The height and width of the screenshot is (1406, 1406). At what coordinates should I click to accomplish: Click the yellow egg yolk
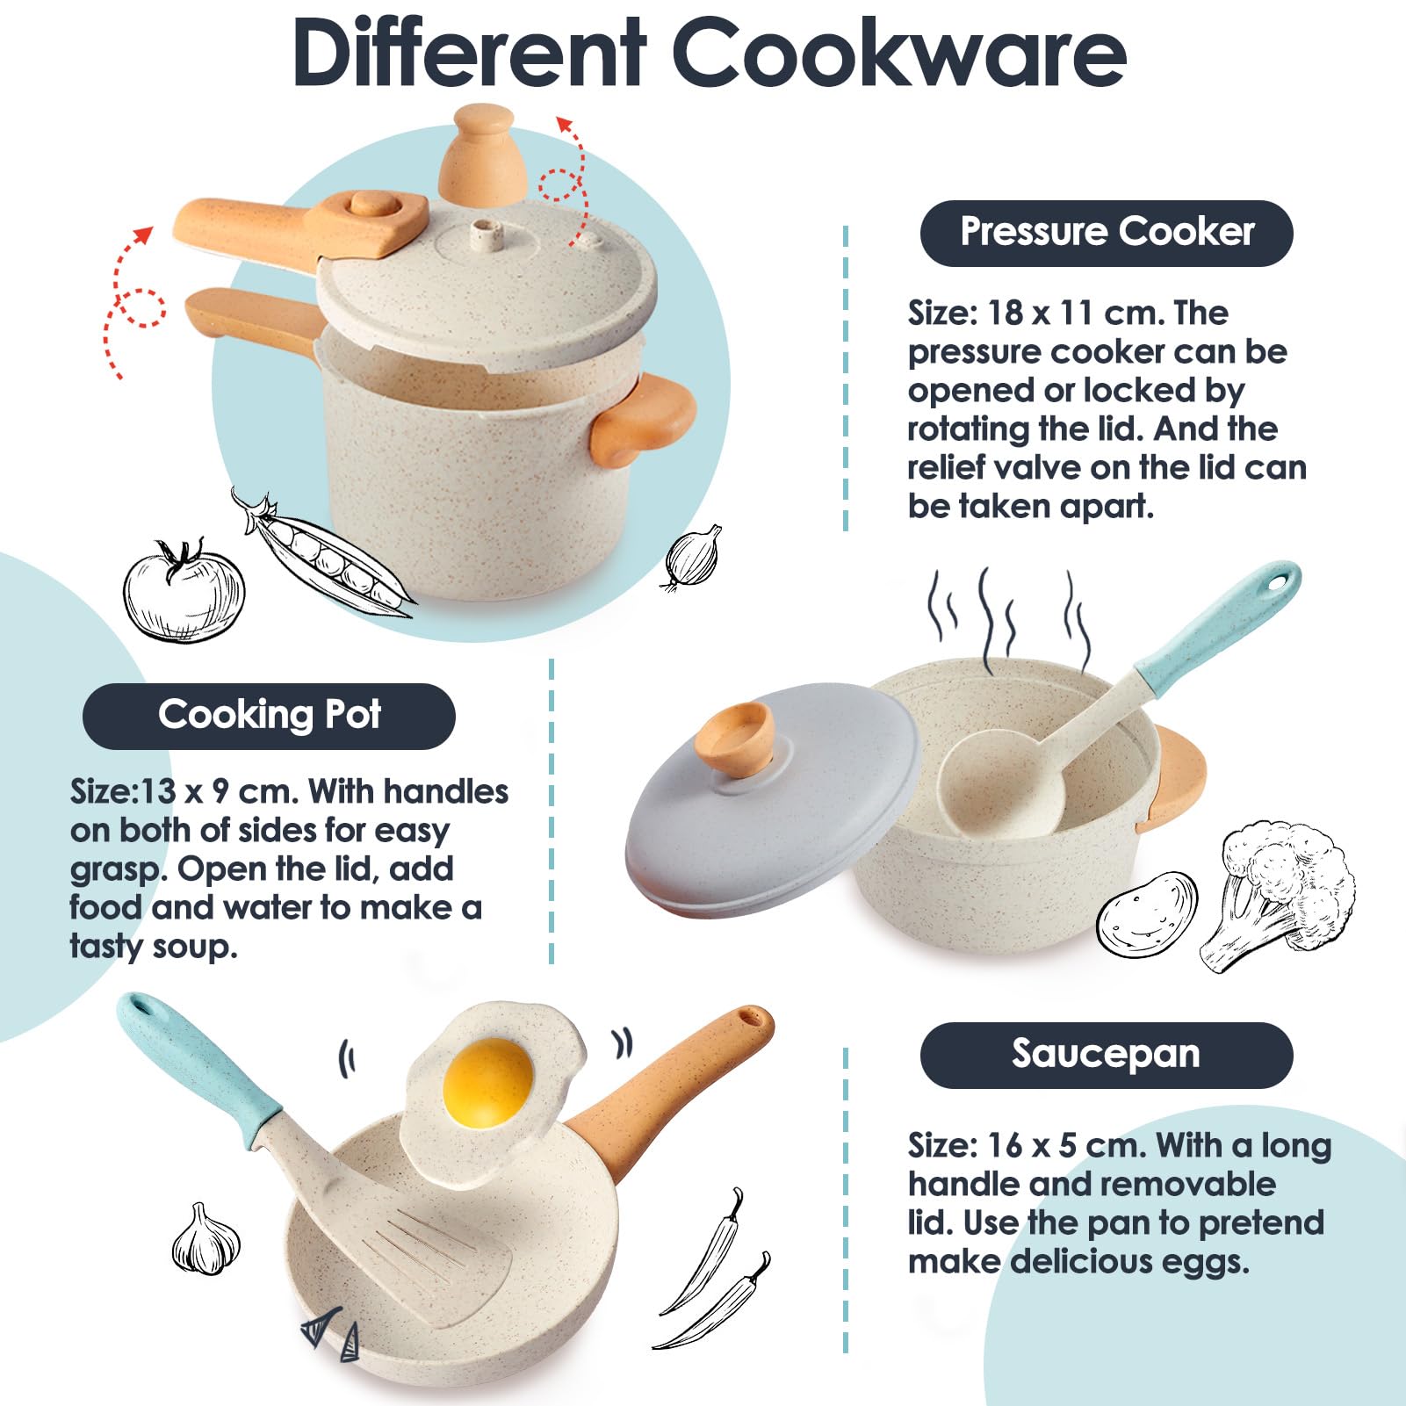pyautogui.click(x=487, y=1083)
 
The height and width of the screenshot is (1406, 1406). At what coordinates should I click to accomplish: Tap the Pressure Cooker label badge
pyautogui.click(x=1107, y=233)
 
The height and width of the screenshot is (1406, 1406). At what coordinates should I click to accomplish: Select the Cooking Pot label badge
pyautogui.click(x=269, y=716)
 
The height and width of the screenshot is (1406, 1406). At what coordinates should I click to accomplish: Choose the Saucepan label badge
pyautogui.click(x=1107, y=1055)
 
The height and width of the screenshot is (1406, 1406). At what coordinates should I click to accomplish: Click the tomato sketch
pyautogui.click(x=183, y=590)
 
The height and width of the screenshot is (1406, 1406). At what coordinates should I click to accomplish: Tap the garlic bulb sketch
pyautogui.click(x=205, y=1240)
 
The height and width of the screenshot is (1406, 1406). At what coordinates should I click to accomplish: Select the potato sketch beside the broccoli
pyautogui.click(x=1148, y=914)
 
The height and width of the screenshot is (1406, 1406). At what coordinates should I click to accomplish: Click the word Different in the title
pyautogui.click(x=469, y=53)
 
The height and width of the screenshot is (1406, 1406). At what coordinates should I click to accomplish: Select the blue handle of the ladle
pyautogui.click(x=1216, y=626)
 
